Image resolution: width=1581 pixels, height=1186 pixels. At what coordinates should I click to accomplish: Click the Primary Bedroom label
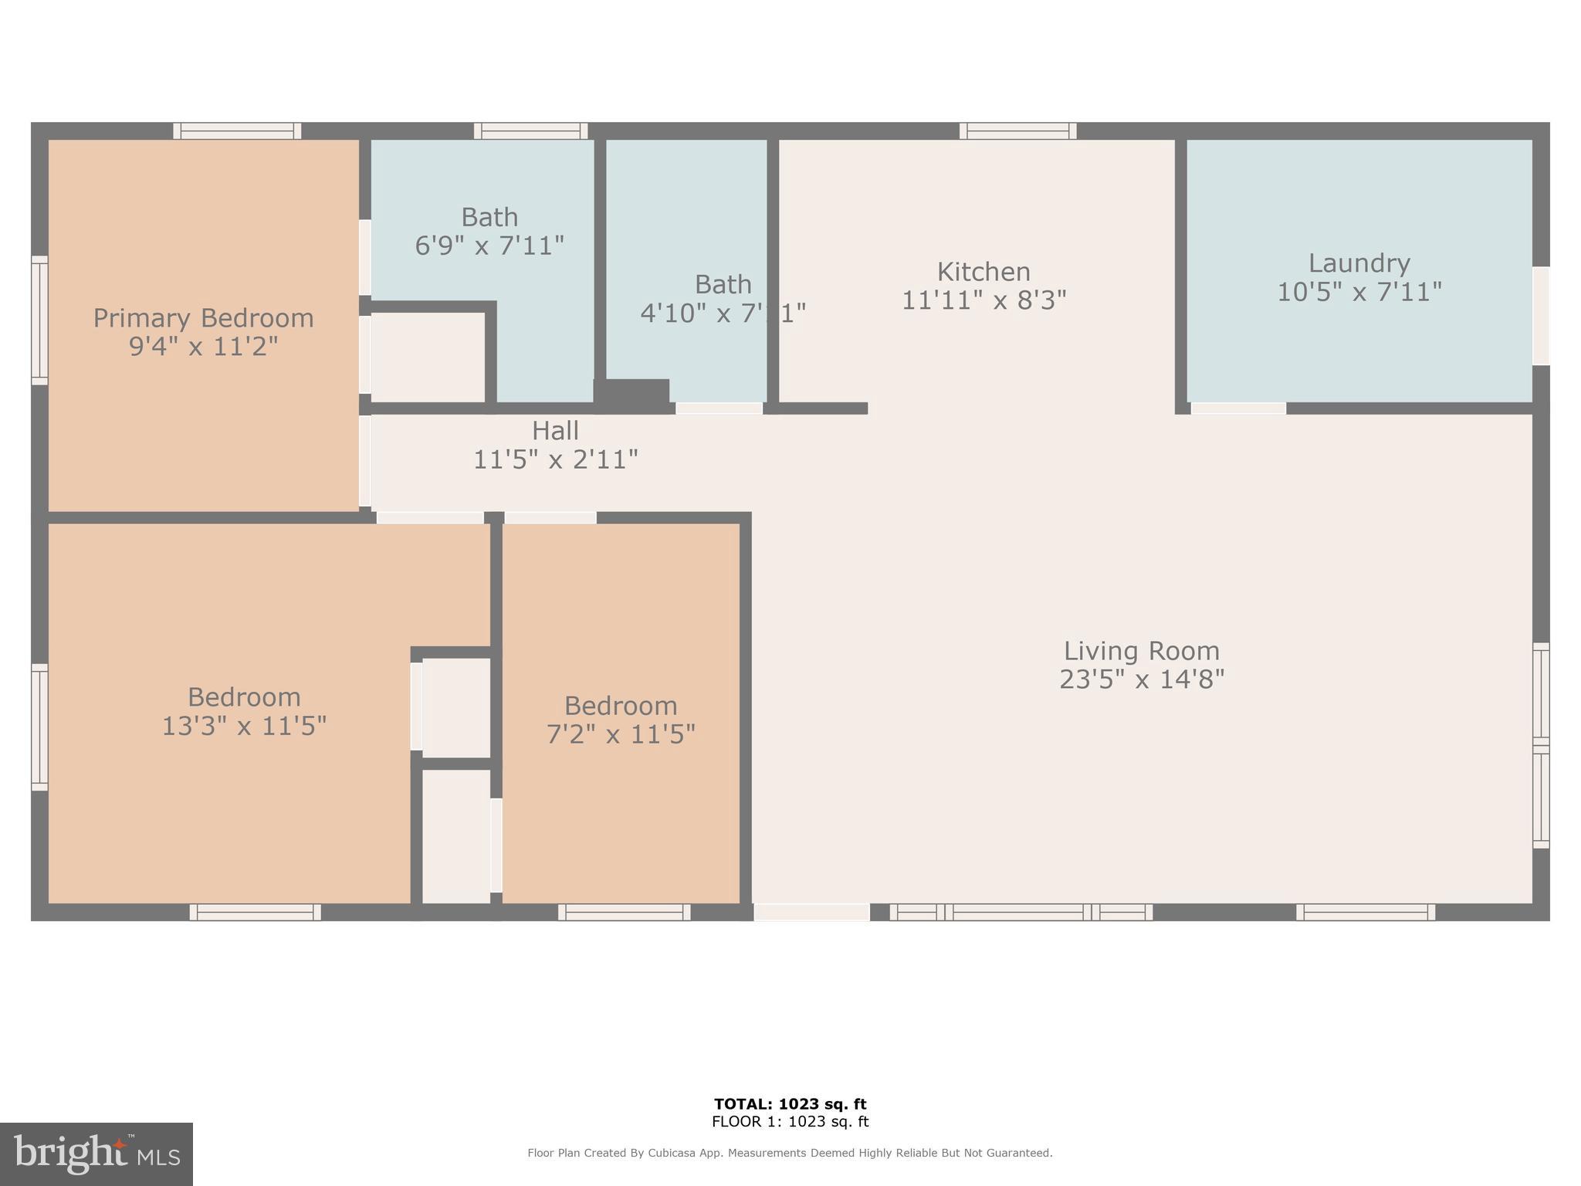point(203,318)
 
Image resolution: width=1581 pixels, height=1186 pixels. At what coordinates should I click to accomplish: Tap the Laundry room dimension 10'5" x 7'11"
point(1359,293)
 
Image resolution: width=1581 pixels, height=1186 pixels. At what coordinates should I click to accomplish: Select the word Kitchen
point(983,272)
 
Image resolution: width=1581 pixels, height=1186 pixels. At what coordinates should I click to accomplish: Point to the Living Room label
point(1141,651)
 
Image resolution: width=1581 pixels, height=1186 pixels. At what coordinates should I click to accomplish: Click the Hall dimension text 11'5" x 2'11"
point(555,460)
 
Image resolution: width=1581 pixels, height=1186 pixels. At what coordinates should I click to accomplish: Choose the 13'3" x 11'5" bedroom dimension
point(244,727)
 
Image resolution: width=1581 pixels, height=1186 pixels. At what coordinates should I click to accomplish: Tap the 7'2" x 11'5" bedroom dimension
point(621,734)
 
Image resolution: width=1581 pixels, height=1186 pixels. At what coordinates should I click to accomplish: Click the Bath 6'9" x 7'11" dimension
point(489,246)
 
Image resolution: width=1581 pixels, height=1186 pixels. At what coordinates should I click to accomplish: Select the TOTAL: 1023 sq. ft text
point(790,1104)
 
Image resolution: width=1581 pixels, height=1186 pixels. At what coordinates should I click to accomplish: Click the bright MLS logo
point(96,1154)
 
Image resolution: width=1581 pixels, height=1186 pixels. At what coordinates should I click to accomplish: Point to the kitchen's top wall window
point(1017,131)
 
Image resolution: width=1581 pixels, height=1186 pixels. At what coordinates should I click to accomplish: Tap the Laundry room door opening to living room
point(1238,408)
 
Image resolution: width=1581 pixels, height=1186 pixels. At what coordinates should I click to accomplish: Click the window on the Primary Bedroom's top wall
point(237,131)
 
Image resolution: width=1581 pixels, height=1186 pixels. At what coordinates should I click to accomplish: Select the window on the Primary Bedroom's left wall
point(39,320)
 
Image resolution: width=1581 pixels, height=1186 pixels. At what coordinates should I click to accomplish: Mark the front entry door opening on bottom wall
point(811,912)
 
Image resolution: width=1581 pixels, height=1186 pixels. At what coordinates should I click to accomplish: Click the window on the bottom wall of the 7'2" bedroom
point(624,912)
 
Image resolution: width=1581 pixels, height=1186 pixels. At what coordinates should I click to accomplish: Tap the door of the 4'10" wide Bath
point(719,408)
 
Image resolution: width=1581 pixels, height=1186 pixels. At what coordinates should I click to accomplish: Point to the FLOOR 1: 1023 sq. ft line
point(790,1122)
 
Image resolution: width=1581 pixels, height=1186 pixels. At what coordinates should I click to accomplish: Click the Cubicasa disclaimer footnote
point(790,1153)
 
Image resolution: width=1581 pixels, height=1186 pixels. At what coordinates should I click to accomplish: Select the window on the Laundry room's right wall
point(1540,316)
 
